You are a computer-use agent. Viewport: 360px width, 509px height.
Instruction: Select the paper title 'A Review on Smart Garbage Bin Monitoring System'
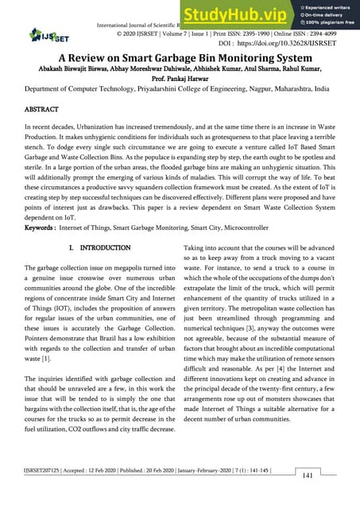(180, 60)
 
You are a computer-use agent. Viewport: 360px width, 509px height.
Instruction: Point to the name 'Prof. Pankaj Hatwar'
(180, 81)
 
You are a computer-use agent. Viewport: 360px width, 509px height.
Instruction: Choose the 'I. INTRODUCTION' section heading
(100, 249)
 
